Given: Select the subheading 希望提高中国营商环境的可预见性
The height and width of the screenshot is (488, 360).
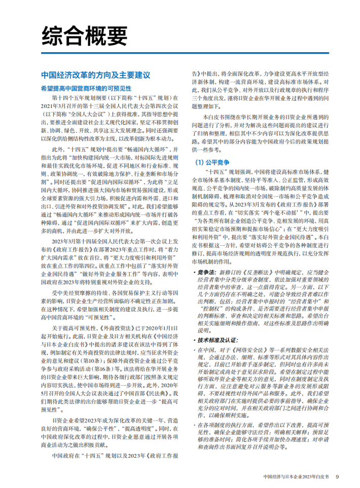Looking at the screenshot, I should (92, 87).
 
